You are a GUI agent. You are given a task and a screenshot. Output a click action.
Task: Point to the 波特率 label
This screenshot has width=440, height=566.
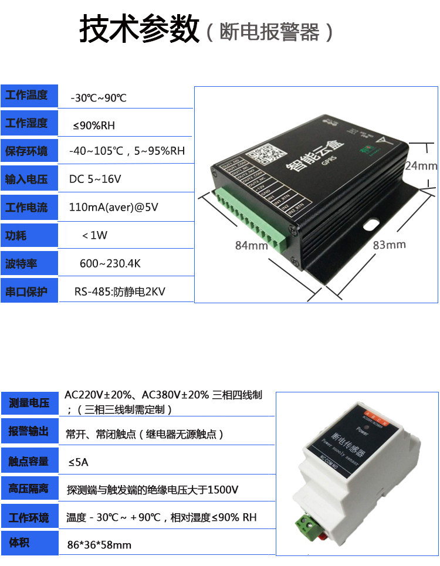click(22, 264)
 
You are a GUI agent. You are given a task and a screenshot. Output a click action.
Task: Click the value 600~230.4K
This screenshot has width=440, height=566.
click(110, 263)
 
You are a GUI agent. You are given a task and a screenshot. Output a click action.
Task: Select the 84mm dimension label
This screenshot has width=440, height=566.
click(251, 246)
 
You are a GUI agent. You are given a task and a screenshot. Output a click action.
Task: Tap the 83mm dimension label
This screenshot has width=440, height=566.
click(389, 245)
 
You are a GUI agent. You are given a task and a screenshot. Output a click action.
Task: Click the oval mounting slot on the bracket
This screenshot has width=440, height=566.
click(371, 224)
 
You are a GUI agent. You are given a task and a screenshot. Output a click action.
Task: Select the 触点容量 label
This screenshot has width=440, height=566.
click(28, 461)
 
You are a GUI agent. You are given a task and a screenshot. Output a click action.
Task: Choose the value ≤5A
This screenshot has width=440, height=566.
click(78, 462)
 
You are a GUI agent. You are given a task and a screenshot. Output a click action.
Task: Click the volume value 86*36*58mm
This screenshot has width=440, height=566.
click(99, 545)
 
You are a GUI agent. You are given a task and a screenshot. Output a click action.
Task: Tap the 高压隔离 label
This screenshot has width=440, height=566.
click(28, 488)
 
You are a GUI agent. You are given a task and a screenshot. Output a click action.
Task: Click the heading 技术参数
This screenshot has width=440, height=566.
click(140, 29)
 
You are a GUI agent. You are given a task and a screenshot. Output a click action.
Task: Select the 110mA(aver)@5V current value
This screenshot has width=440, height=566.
click(114, 207)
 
